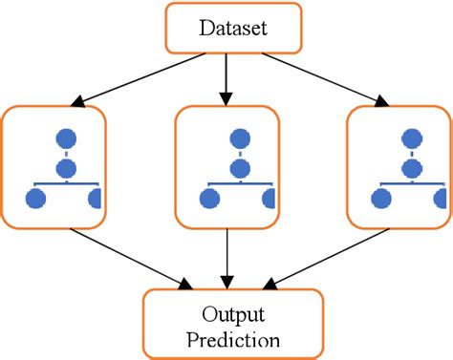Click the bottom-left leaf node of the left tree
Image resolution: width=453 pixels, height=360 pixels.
pyautogui.click(x=36, y=199)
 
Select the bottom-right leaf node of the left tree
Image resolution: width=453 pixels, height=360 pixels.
pyautogui.click(x=95, y=199)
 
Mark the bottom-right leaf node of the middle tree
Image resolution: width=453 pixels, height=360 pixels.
pyautogui.click(x=269, y=199)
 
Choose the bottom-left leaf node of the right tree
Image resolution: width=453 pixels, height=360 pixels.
pyautogui.click(x=381, y=199)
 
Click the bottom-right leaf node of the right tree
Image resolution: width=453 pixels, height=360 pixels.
pyautogui.click(x=439, y=199)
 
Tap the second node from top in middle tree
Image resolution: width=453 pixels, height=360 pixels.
pyautogui.click(x=238, y=168)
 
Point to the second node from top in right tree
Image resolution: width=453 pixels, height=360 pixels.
pyautogui.click(x=409, y=168)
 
